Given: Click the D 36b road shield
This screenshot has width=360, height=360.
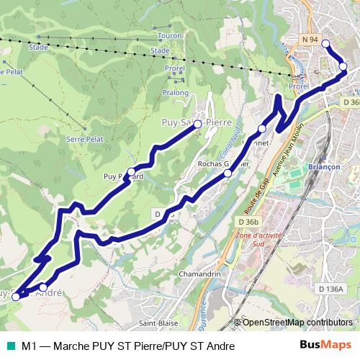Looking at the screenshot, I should (x=246, y=222).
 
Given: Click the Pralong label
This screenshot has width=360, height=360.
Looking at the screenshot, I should (x=175, y=93).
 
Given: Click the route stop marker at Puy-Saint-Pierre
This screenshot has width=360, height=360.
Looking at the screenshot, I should (x=198, y=124).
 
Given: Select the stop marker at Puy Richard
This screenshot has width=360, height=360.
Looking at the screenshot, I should (x=131, y=172).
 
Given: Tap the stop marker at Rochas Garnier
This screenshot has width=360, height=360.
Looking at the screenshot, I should (x=228, y=173).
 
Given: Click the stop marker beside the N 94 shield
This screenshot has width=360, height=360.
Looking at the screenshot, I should (x=325, y=44).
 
